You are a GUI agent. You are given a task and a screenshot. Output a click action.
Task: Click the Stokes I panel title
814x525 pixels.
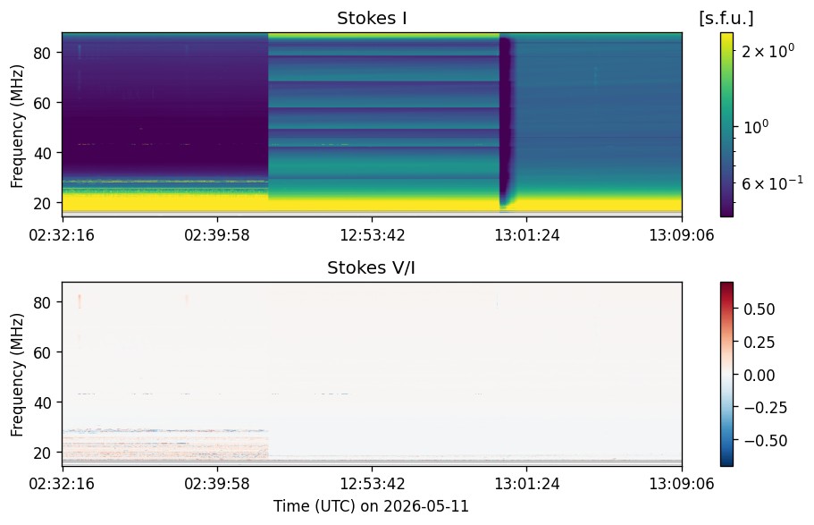pos(372,18)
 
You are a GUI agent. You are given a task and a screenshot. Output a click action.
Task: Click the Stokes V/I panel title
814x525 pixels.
pos(371,267)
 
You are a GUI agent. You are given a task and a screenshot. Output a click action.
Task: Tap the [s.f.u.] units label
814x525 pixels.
pos(726,18)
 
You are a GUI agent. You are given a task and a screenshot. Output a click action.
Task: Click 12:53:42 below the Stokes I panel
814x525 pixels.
pos(373,235)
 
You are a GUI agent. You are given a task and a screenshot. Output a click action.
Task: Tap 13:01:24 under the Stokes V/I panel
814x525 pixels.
pos(527,484)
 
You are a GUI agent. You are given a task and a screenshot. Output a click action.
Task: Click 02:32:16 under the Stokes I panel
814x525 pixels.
pos(62,235)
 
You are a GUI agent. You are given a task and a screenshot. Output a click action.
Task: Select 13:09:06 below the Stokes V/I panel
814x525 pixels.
pos(682,484)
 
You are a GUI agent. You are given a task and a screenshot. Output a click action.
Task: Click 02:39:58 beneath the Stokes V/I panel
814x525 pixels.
pos(217,484)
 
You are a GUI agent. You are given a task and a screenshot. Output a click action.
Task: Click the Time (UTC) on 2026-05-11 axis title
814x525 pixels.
pos(371,505)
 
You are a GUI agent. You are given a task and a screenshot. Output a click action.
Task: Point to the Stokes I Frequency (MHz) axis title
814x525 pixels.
pos(17,126)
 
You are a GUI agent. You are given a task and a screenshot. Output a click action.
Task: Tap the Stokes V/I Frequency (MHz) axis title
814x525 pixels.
pos(17,375)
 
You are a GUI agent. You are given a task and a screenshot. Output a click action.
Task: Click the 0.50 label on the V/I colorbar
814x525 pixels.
pos(759,309)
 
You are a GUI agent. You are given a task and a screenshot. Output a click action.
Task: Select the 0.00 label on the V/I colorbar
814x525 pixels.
pos(759,376)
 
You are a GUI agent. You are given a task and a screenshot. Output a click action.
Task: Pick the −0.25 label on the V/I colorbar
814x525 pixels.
pos(765,408)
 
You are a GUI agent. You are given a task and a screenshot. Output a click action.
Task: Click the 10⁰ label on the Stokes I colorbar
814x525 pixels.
pos(756,126)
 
